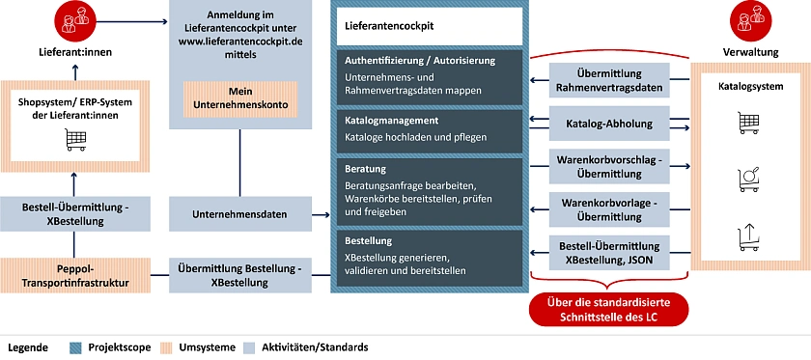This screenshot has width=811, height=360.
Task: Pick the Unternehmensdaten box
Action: coord(238,214)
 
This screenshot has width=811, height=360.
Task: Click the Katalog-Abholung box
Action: coord(608,124)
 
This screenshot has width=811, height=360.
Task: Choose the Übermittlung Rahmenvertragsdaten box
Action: coord(608,80)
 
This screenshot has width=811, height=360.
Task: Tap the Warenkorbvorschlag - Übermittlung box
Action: coord(608,165)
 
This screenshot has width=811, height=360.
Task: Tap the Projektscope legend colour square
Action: coord(76,346)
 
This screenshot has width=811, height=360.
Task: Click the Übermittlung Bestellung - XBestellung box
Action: coord(238,275)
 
